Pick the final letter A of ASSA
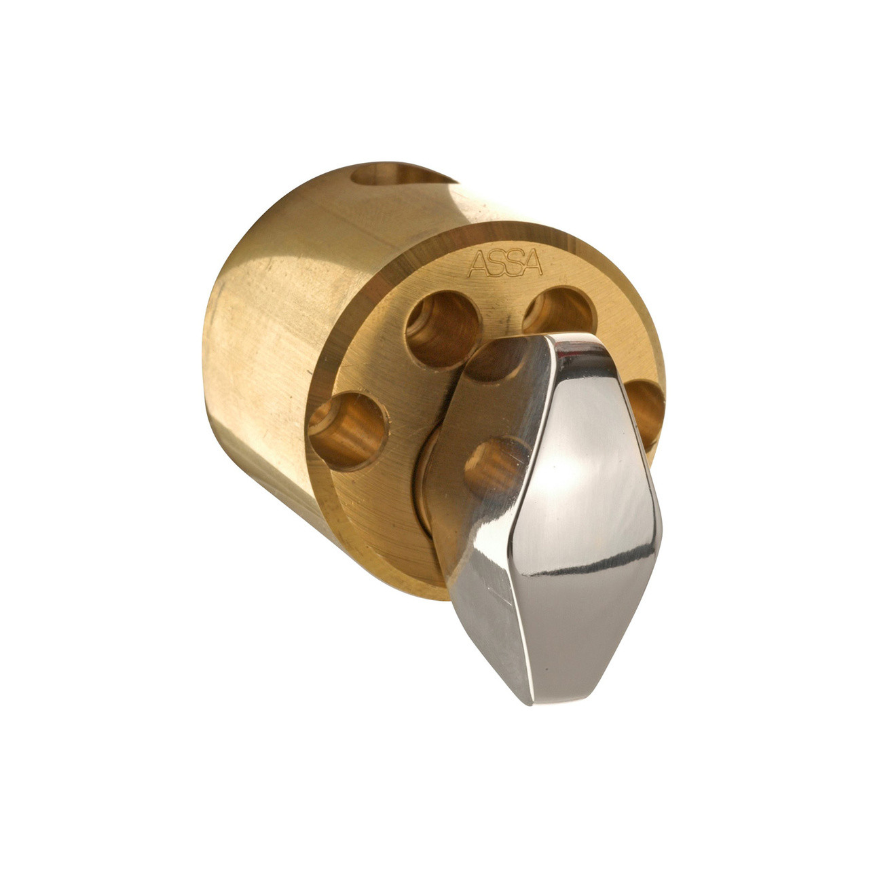[x=533, y=265]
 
